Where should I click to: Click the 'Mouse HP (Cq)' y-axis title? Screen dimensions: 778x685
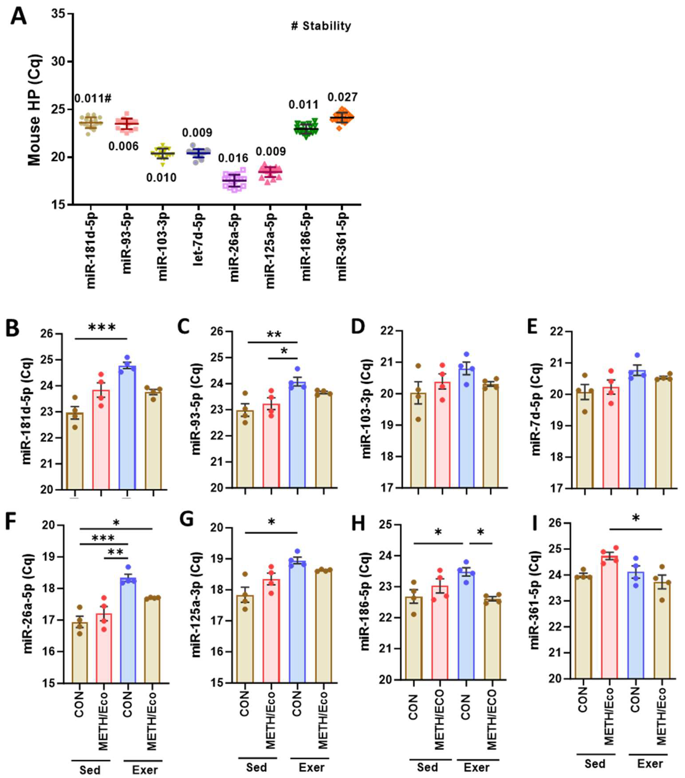click(35, 110)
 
